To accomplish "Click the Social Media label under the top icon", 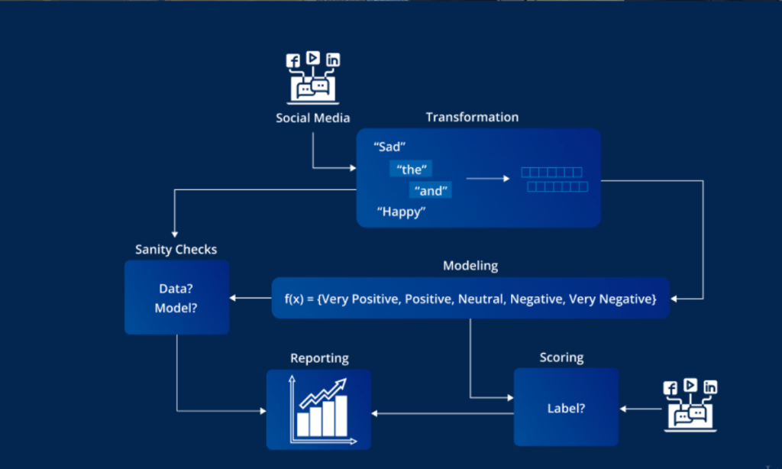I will (x=312, y=118).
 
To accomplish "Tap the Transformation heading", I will (x=472, y=117).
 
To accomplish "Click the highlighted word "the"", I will (x=411, y=170).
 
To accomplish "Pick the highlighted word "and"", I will (x=431, y=191).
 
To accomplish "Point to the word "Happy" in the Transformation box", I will (x=401, y=212).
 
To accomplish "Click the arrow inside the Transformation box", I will (x=487, y=179).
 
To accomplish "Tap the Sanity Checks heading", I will (x=176, y=249).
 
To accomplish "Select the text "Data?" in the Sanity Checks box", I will (x=176, y=289).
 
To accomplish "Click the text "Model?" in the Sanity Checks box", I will (x=176, y=308).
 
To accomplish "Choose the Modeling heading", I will (x=470, y=266).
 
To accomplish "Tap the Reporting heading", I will (x=318, y=357).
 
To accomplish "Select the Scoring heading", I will (x=561, y=357).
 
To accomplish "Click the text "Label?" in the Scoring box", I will (x=566, y=408).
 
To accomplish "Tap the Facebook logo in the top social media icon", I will (x=292, y=60).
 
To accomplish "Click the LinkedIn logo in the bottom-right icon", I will (x=711, y=387).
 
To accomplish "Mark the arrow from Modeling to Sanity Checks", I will (x=252, y=298).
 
